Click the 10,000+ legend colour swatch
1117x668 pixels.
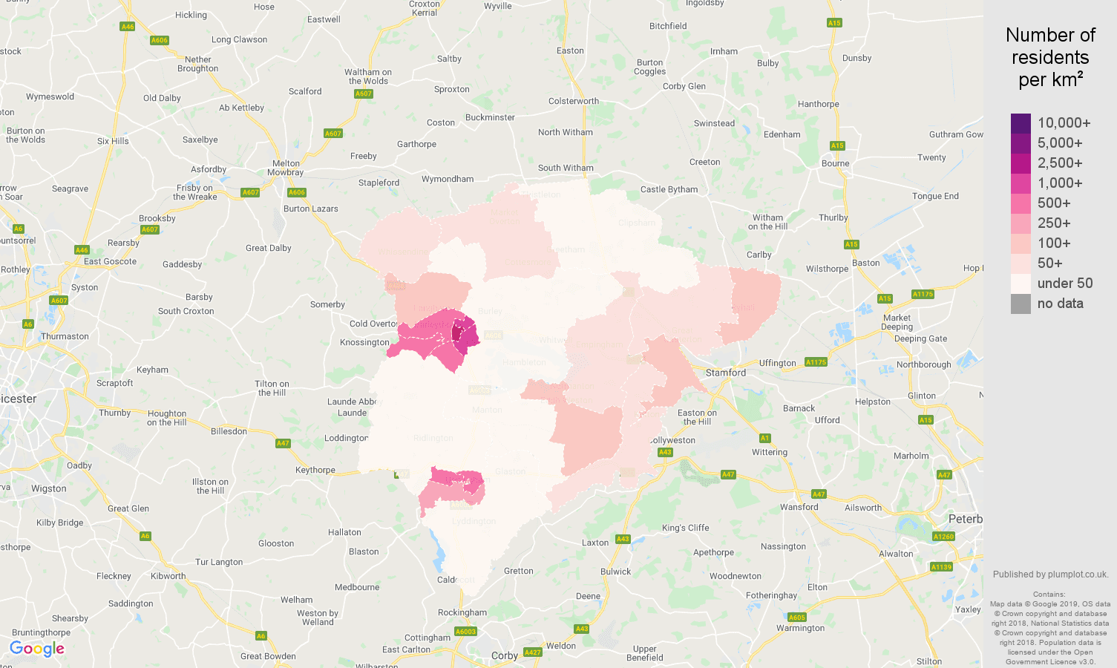[1021, 123]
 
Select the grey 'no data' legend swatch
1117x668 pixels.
[1021, 304]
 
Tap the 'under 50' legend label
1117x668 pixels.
[1064, 284]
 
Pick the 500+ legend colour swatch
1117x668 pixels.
[1021, 203]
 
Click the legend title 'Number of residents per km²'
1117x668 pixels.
[1050, 57]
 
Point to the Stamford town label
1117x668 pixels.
[725, 373]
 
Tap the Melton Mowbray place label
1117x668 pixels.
[286, 168]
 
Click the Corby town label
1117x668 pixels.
[504, 655]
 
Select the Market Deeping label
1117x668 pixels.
[897, 322]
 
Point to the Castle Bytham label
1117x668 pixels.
[669, 189]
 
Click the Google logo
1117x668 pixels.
[37, 649]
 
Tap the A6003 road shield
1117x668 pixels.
[465, 632]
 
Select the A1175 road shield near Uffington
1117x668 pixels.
[816, 362]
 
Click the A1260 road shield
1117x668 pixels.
[943, 537]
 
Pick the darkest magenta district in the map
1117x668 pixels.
[457, 333]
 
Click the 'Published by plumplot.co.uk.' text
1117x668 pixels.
[1050, 574]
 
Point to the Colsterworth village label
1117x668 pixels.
[573, 101]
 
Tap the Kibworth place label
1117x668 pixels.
[168, 576]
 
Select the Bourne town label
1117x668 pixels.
[835, 163]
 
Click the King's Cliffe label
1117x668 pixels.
[685, 528]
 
